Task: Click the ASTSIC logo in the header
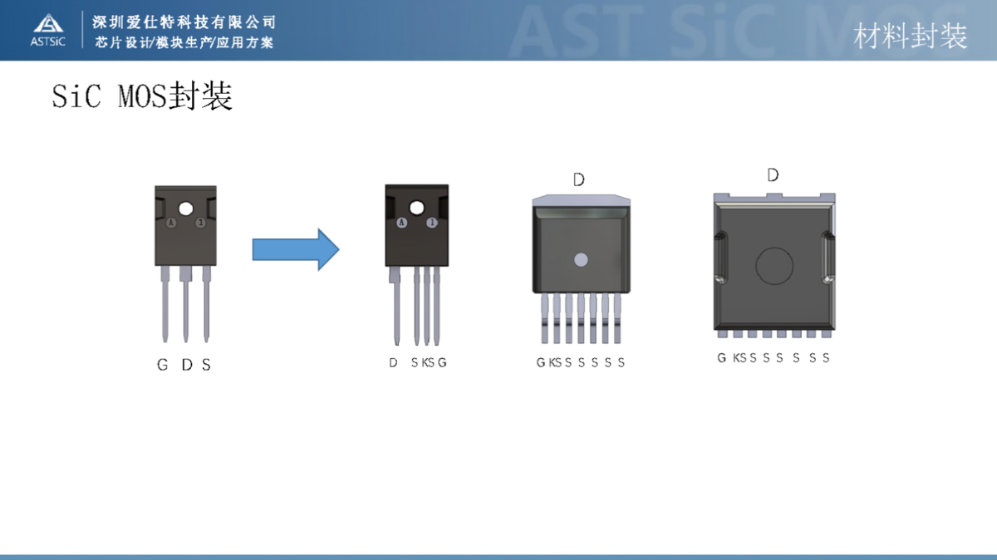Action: [x=47, y=30]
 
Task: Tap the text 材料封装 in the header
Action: [x=911, y=36]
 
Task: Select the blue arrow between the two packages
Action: [x=296, y=249]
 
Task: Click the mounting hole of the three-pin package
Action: [x=185, y=208]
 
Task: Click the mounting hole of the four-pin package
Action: [x=416, y=208]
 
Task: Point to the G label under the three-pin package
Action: [x=162, y=365]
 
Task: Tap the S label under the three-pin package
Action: [x=206, y=365]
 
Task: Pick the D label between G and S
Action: [x=186, y=365]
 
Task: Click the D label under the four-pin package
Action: [x=393, y=362]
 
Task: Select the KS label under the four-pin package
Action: [x=428, y=362]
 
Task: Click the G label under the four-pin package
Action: [x=442, y=362]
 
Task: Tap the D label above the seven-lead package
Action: [x=579, y=179]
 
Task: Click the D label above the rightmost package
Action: [x=773, y=175]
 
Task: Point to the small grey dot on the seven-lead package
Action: [x=580, y=259]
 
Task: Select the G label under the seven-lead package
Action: [x=541, y=362]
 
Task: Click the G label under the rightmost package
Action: [x=722, y=358]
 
